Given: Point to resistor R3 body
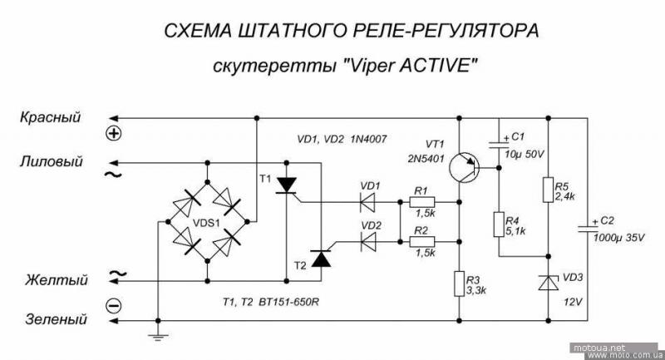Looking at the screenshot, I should pos(460,284).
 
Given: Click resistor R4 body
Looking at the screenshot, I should pos(500,225).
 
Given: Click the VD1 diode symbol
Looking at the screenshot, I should pos(366,201).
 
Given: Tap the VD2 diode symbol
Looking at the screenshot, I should pos(366,241).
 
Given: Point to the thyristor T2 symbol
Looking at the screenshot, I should pos(320,259).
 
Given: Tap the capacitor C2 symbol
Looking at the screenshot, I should pos(589,226).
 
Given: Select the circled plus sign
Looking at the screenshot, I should pos(115,133).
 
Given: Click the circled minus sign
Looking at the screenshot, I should pos(115,306).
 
